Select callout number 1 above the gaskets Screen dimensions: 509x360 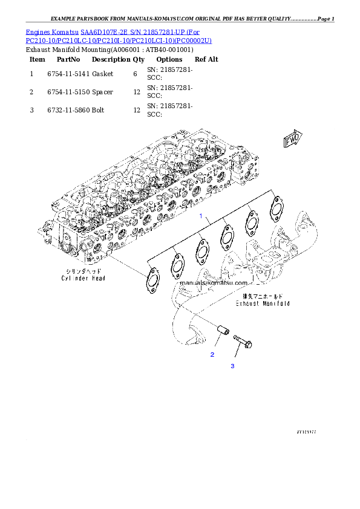tap(201, 216)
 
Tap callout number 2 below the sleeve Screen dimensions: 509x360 tap(212, 354)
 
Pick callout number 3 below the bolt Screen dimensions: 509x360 tap(231, 366)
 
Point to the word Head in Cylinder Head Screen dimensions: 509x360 tap(99, 278)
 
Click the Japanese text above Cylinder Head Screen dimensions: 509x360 tap(83, 270)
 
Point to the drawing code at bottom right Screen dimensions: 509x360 tap(306, 432)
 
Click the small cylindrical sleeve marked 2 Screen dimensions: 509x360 tap(221, 331)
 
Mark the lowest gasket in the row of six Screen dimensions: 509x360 tap(150, 278)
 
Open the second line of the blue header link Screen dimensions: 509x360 tap(119, 40)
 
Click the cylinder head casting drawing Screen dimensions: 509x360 tap(145, 193)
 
